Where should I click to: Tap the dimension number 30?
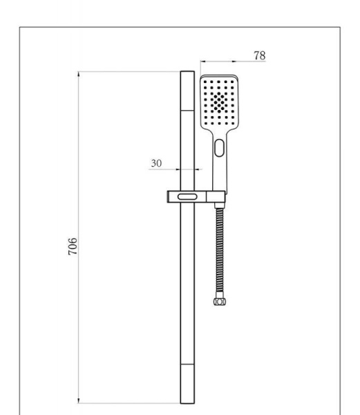click(156, 163)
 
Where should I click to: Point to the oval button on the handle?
click(219, 147)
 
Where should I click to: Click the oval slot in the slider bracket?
click(187, 197)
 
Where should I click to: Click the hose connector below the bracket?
click(219, 205)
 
